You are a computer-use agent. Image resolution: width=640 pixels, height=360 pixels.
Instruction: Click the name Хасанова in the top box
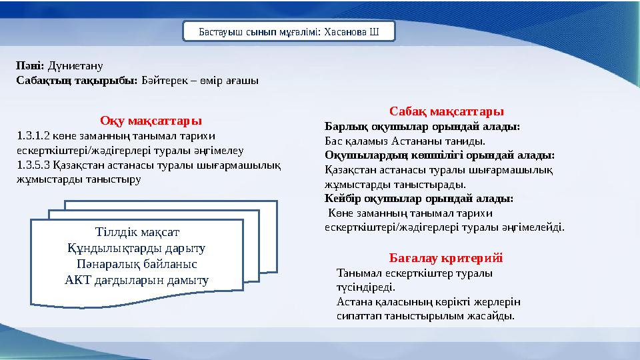(x=345, y=32)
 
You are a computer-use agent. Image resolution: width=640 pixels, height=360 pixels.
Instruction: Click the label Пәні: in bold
(x=30, y=65)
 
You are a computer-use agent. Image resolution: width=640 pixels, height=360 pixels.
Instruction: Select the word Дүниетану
(x=75, y=66)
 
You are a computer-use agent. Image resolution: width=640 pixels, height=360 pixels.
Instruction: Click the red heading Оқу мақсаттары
(x=151, y=121)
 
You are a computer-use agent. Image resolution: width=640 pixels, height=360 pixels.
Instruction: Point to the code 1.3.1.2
(x=33, y=135)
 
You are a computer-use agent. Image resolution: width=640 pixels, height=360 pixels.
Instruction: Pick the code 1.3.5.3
(x=33, y=165)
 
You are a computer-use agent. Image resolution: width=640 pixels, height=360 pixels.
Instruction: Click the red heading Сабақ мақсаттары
(x=447, y=111)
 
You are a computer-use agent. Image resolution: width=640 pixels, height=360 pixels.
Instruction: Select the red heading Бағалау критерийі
(x=446, y=258)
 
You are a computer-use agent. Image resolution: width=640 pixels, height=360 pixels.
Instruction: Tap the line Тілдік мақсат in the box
(x=137, y=232)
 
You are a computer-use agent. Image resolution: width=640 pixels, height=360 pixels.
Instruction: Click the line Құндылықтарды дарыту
(x=136, y=248)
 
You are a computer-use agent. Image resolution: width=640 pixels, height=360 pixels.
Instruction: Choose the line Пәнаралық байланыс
(x=137, y=264)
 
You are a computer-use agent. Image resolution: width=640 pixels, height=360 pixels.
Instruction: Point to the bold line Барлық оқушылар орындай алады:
(x=423, y=127)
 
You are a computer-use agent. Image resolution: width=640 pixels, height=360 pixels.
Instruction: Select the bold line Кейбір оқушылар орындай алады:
(x=419, y=199)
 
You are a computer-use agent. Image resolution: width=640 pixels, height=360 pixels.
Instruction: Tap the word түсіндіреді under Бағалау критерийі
(x=366, y=287)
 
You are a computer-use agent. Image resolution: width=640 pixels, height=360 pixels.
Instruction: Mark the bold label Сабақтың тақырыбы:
(x=77, y=81)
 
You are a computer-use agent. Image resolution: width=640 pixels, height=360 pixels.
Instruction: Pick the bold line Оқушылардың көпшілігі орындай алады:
(x=439, y=155)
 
